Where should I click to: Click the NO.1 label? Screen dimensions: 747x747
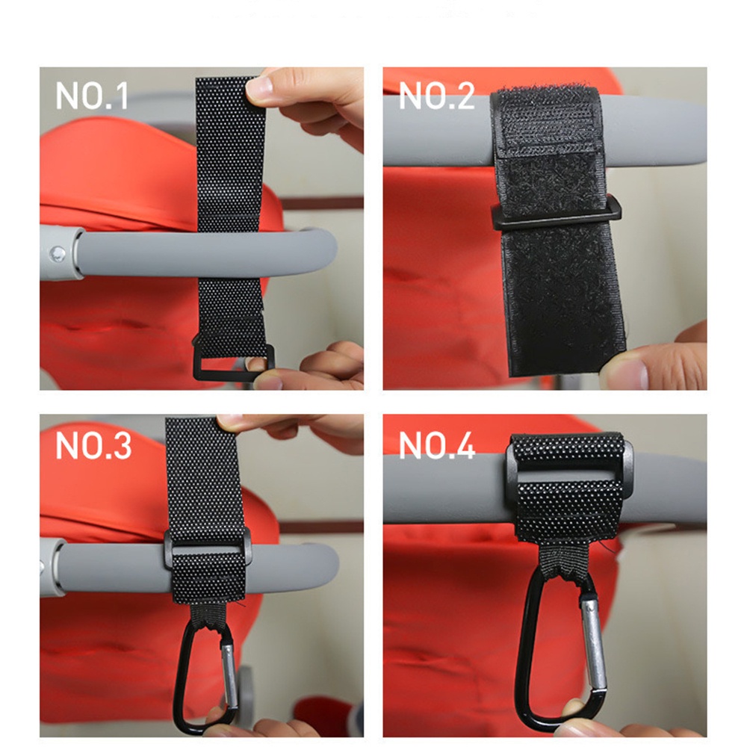tap(92, 97)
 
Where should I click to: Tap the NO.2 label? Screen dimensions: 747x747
tap(436, 97)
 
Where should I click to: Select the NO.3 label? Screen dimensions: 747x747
tap(93, 445)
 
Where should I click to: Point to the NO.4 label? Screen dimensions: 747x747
tap(437, 445)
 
